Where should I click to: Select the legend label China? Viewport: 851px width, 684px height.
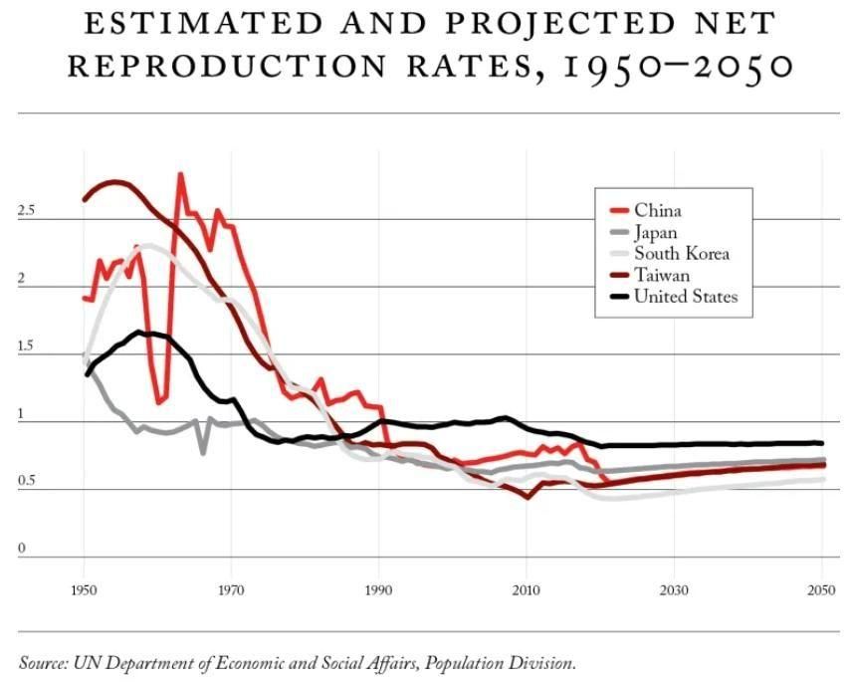pos(657,210)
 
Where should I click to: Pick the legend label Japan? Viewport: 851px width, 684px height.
pos(655,232)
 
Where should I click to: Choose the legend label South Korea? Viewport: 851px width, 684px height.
pos(681,254)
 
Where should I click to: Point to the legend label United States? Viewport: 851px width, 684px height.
pos(686,297)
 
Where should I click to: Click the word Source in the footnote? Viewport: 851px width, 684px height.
pos(44,662)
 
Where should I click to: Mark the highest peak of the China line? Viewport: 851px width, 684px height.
pos(180,175)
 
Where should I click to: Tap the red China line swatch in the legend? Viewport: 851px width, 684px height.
pos(618,210)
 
